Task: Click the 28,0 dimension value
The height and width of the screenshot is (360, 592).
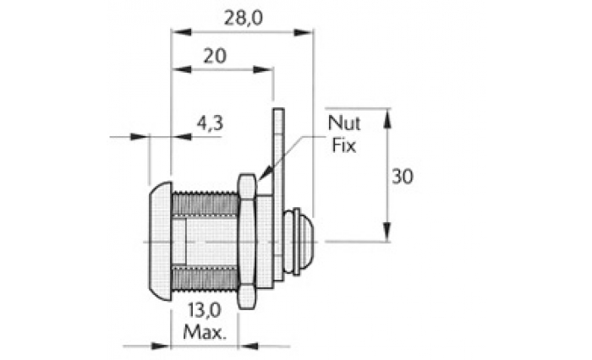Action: (244, 18)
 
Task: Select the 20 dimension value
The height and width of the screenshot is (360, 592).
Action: (215, 57)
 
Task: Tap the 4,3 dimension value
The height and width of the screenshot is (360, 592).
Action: (210, 123)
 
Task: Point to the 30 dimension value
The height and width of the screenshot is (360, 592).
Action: (403, 177)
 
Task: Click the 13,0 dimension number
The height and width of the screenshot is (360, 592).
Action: (205, 311)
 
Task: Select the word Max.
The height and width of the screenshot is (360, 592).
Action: (205, 332)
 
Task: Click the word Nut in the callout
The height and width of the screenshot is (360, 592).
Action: (344, 123)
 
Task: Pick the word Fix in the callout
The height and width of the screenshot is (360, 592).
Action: (343, 145)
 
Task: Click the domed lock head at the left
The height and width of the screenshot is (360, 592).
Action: (161, 242)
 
